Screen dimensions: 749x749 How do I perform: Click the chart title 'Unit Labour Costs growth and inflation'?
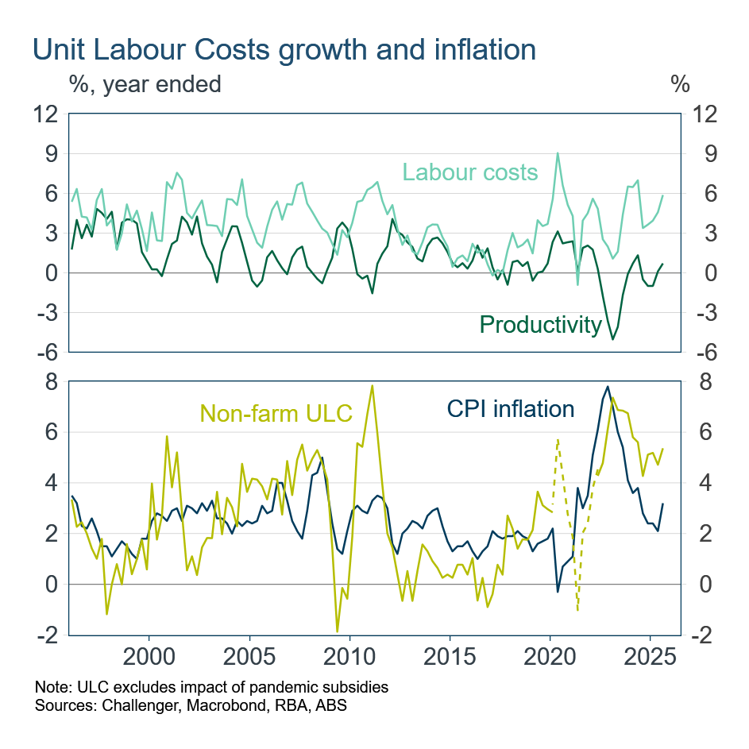coord(284,49)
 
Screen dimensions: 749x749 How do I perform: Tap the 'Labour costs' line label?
coord(469,172)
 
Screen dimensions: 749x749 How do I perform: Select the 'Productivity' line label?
coord(540,324)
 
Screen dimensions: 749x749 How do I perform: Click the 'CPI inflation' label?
coord(510,408)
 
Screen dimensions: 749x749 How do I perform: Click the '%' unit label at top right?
coord(680,83)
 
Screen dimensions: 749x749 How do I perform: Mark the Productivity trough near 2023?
coord(612,339)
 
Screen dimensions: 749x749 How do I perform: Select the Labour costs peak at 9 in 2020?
coord(558,153)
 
